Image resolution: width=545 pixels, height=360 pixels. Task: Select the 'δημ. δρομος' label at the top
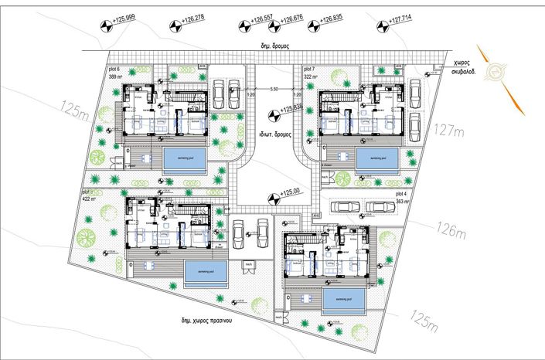pyautogui.click(x=274, y=46)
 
